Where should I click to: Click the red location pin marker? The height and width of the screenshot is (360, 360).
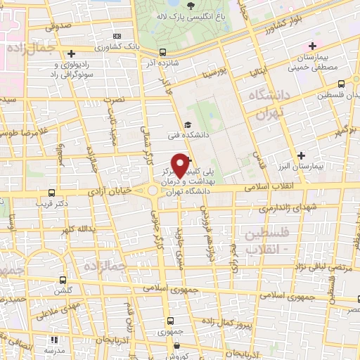coord(181,165)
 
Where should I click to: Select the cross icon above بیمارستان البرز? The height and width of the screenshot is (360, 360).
coord(302,155)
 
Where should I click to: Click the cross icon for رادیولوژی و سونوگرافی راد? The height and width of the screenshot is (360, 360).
coord(70,53)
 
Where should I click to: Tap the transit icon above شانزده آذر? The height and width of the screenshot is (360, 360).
coord(163,51)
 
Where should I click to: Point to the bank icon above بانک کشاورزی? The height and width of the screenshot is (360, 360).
coord(117,37)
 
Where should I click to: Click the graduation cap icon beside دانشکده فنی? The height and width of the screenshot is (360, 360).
coord(187,125)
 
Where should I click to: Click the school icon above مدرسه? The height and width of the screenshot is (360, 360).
coord(50,338)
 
